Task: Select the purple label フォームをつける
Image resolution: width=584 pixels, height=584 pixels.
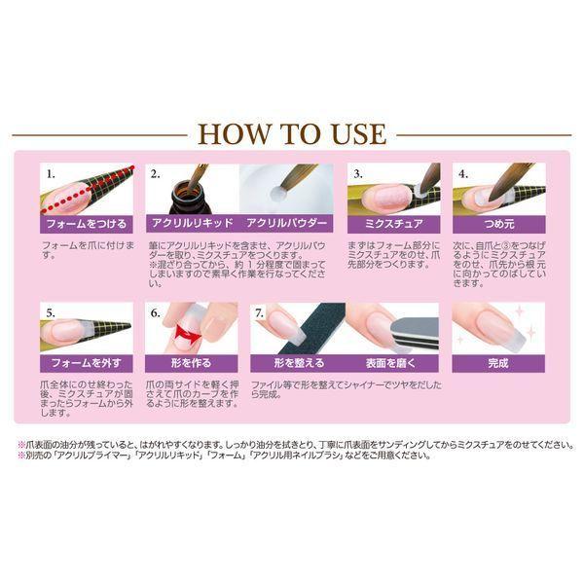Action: pos(87,224)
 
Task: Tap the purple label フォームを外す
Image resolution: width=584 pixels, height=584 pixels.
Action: pos(87,362)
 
